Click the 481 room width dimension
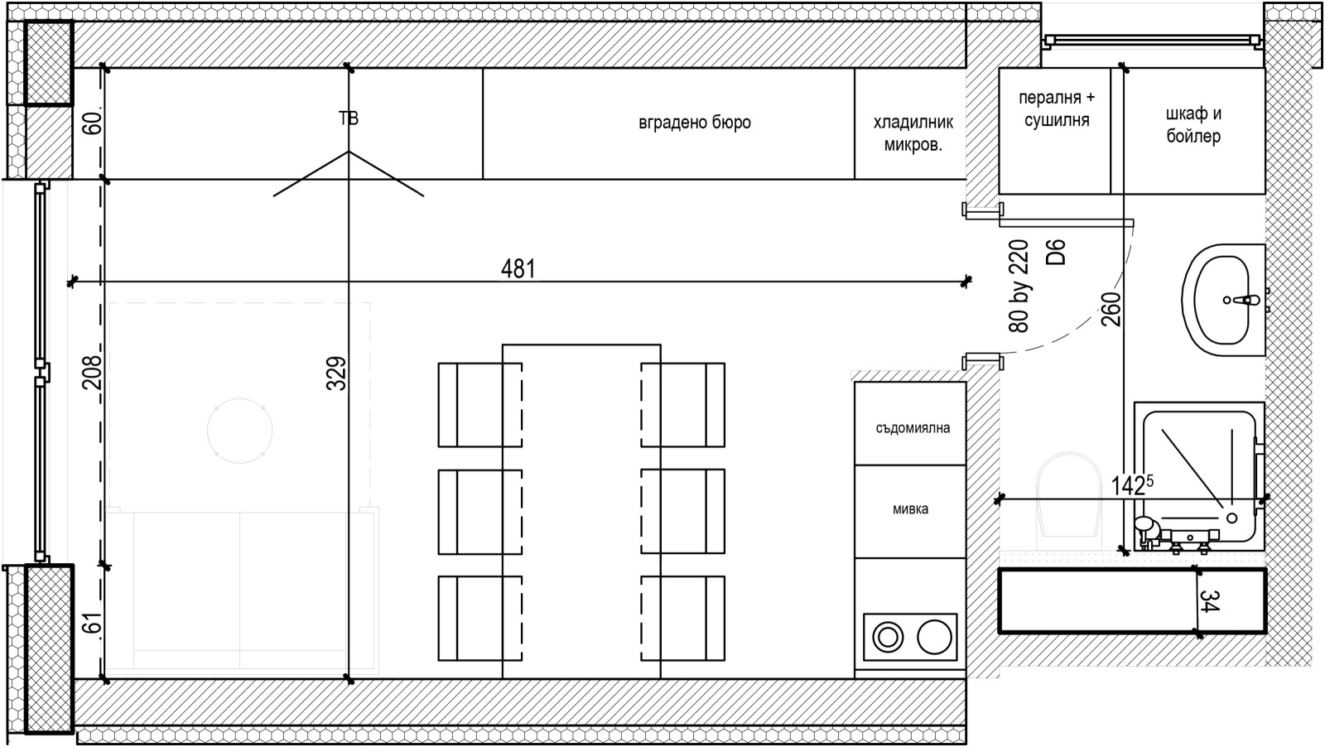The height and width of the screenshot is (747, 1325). click(x=518, y=269)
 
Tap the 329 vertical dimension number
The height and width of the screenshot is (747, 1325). click(x=336, y=373)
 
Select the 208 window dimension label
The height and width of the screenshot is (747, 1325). click(x=92, y=372)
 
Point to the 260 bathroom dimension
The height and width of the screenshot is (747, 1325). click(x=1111, y=310)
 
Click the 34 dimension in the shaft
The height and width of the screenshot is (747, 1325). click(x=1209, y=601)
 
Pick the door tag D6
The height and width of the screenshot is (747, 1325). click(x=1055, y=252)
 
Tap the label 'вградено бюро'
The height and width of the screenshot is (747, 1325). click(x=695, y=123)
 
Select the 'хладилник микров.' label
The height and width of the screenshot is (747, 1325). click(x=913, y=133)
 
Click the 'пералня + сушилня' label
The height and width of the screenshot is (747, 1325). click(x=1057, y=108)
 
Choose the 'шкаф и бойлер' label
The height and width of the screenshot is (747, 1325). click(x=1193, y=125)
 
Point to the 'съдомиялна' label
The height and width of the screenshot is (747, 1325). click(x=913, y=427)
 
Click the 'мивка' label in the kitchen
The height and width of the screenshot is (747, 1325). click(x=910, y=508)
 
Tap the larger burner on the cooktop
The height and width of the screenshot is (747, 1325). click(x=935, y=637)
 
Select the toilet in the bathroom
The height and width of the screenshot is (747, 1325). click(x=1068, y=502)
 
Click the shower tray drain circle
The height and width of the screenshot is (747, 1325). click(x=1232, y=518)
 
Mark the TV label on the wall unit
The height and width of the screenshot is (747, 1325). click(x=349, y=118)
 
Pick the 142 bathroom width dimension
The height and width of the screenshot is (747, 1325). click(x=1131, y=485)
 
